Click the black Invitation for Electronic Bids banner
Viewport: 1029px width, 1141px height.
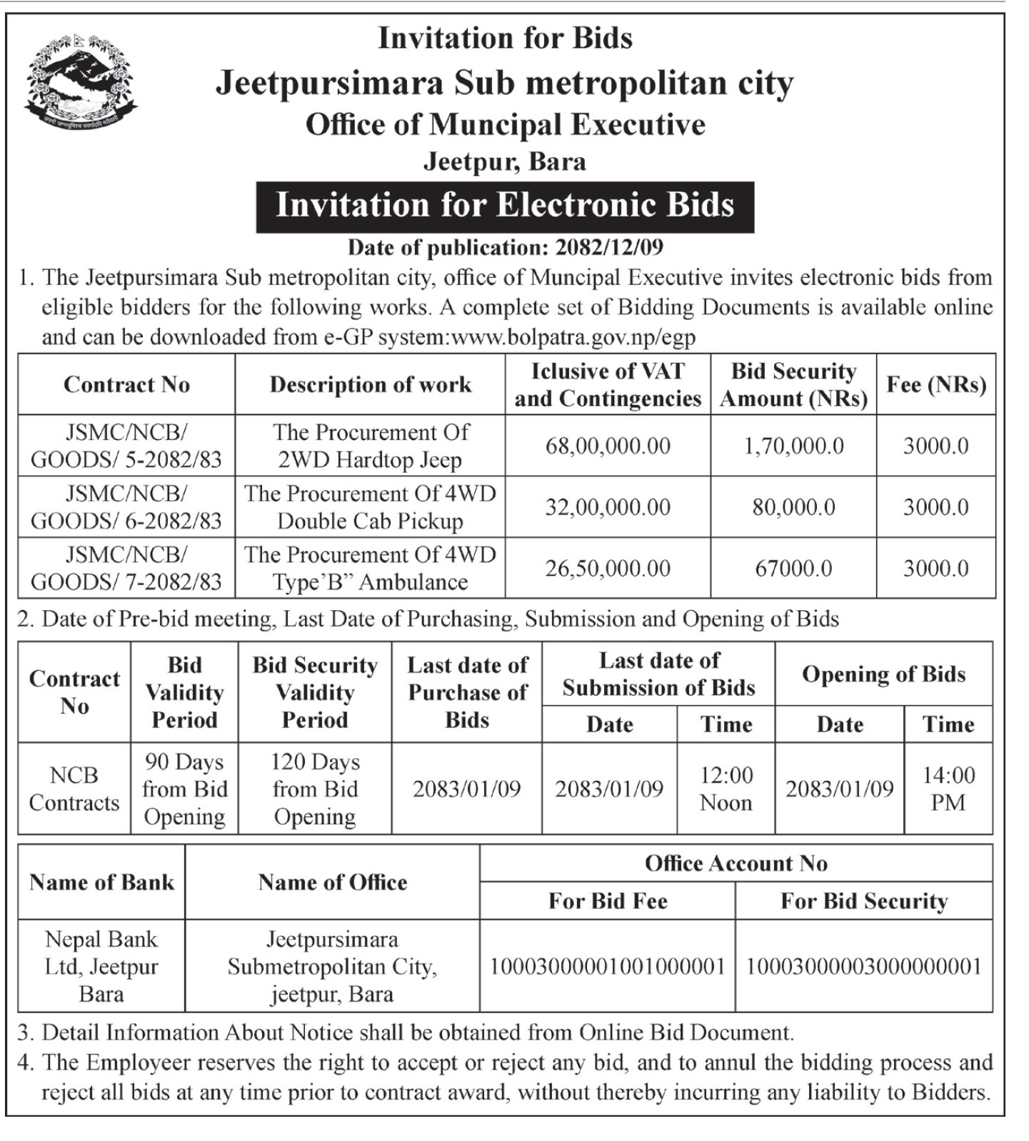pos(505,206)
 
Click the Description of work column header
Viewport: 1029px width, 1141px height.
pos(370,384)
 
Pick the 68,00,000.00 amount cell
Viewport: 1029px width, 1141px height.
pos(608,446)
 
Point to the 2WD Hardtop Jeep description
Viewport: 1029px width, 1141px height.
pos(370,446)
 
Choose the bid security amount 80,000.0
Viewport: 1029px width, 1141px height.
pos(793,507)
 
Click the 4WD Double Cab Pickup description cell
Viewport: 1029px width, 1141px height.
pos(370,507)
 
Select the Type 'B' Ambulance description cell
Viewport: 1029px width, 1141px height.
pos(370,569)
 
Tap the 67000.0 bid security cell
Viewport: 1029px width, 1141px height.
pos(793,569)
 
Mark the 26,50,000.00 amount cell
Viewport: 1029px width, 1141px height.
pos(608,569)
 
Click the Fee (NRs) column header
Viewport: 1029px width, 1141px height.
pos(935,384)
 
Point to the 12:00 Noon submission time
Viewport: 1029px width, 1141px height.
pos(726,789)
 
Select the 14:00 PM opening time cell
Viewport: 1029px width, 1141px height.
pos(948,789)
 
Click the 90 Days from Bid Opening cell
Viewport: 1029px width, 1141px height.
pos(184,789)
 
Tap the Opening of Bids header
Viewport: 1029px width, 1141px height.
pos(883,674)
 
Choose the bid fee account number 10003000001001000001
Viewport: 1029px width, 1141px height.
pos(607,967)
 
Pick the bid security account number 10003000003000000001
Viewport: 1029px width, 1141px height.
pos(864,967)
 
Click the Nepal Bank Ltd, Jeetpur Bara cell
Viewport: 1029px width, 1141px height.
pos(101,967)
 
